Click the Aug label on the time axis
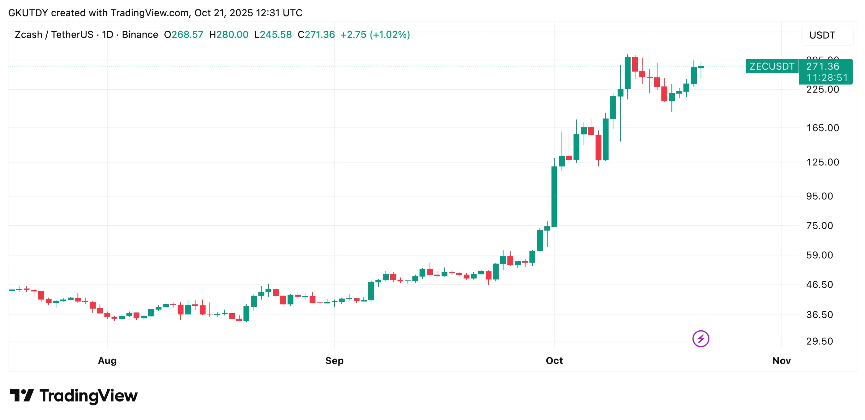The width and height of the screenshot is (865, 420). click(x=107, y=361)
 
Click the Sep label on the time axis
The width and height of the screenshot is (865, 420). click(x=334, y=361)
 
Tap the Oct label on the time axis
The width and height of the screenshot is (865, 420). click(x=554, y=361)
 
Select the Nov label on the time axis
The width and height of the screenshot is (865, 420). click(x=781, y=361)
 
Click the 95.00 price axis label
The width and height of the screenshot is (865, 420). click(x=819, y=196)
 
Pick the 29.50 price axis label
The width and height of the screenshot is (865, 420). click(x=819, y=342)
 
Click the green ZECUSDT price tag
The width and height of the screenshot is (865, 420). click(x=772, y=66)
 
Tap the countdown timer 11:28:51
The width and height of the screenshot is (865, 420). click(x=827, y=78)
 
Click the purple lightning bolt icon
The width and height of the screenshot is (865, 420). click(x=700, y=339)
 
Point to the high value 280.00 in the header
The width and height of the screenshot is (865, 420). click(x=232, y=35)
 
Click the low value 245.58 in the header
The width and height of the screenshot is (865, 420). click(x=276, y=35)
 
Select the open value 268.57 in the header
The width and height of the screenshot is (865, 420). click(x=187, y=35)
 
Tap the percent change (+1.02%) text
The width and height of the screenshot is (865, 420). click(x=389, y=35)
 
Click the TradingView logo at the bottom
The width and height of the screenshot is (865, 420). click(x=73, y=396)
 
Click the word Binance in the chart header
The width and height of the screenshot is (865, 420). click(x=140, y=35)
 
